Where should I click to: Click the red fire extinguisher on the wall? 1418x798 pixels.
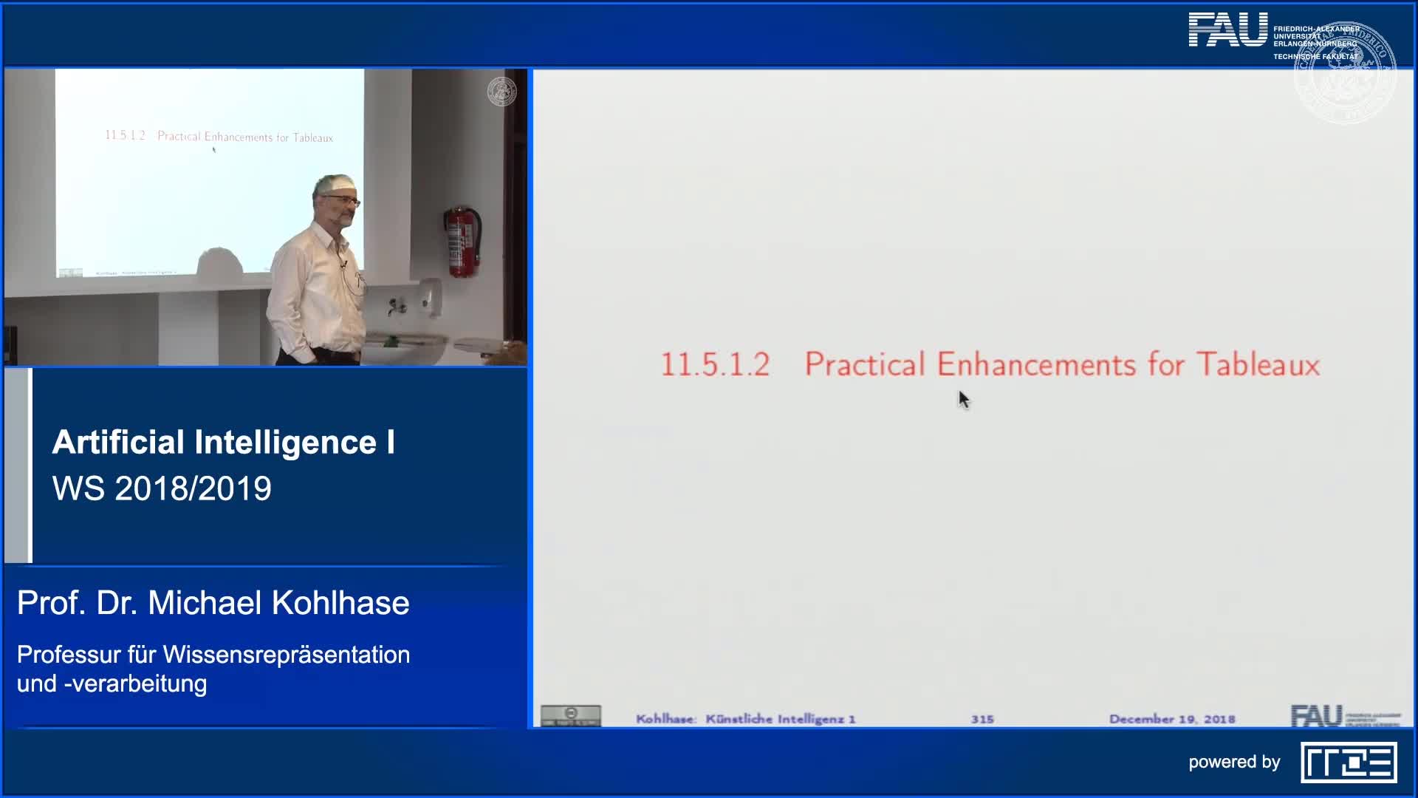[462, 242]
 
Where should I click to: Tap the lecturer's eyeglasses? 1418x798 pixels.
[344, 199]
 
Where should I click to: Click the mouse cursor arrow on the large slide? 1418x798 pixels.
[963, 399]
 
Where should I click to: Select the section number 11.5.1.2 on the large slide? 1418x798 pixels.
[715, 365]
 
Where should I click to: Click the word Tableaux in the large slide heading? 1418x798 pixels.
[1258, 364]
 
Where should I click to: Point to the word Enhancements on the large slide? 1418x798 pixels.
[1036, 364]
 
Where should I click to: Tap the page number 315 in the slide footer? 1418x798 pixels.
[982, 719]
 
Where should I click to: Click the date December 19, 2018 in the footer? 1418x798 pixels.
[1172, 719]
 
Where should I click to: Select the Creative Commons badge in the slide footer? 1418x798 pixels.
[571, 715]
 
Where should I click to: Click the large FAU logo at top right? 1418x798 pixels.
[1227, 31]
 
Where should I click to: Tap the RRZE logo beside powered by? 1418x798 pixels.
[1349, 763]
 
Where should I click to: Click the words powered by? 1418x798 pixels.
[1234, 763]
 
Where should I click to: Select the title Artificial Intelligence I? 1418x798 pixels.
[223, 443]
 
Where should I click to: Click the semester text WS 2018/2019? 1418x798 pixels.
[162, 488]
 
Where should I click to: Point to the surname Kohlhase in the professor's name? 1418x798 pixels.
[340, 603]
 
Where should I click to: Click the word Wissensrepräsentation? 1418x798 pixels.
[287, 655]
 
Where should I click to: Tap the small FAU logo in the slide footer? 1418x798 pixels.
[1316, 715]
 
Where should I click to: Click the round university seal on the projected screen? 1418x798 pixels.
[501, 92]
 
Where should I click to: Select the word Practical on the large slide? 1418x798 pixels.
[864, 364]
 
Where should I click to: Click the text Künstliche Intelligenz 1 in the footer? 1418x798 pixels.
[780, 719]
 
